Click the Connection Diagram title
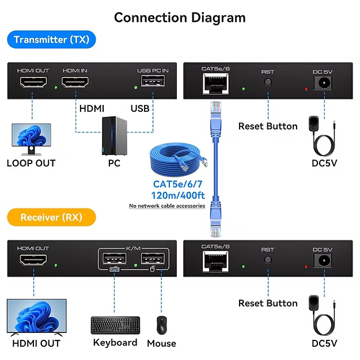180,17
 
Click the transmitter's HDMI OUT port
33,85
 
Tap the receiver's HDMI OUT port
33,263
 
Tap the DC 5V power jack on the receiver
324,260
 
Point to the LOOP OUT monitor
31,138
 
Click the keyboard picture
115,325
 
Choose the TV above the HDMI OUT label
36,317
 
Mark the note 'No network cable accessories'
166,206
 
